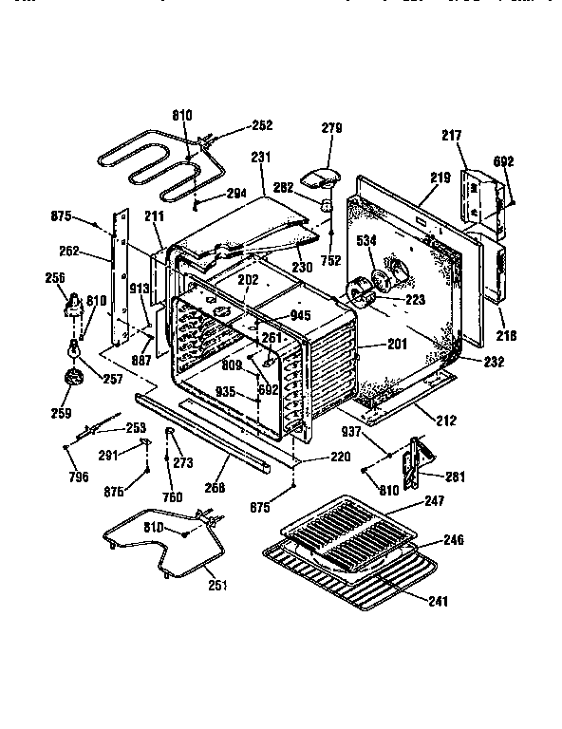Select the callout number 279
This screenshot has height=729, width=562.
331,128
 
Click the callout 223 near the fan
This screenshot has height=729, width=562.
417,301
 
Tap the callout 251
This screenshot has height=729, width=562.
217,585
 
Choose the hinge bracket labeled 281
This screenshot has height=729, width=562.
414,460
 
